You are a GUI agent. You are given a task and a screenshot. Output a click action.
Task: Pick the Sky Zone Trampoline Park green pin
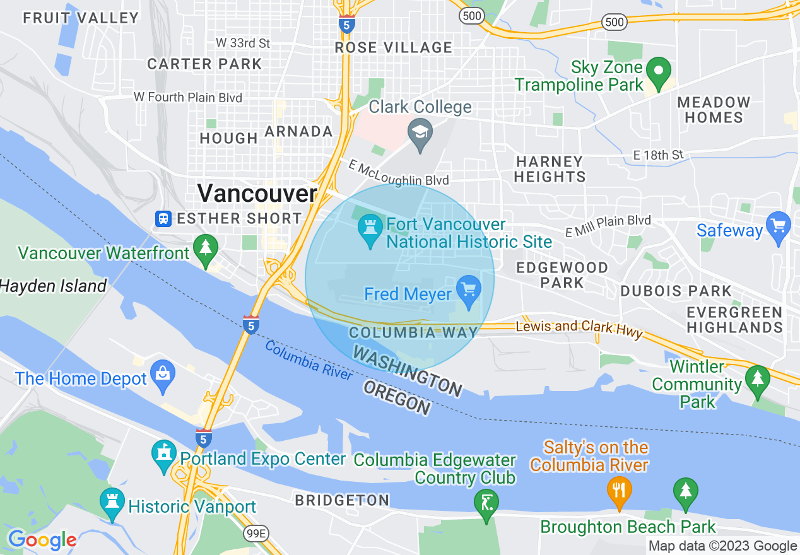point(659,72)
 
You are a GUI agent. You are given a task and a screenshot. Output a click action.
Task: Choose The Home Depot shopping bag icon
point(163,375)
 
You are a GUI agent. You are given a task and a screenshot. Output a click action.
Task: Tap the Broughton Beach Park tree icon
point(685,493)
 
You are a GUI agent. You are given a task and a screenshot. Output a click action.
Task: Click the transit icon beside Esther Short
point(163,219)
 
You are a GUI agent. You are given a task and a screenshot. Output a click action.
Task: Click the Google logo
point(42,539)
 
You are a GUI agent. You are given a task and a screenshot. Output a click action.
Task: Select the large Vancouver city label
point(257,193)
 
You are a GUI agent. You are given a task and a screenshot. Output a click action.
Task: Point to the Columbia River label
point(309,360)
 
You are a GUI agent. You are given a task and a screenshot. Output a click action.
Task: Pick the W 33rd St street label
point(243,43)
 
